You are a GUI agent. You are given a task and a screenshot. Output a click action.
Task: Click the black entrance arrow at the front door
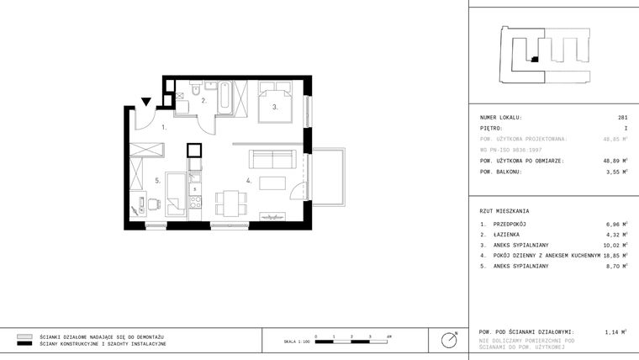click(146, 103)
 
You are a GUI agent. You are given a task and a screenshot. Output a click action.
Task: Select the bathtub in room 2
click(226, 96)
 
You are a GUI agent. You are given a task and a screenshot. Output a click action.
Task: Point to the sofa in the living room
click(270, 159)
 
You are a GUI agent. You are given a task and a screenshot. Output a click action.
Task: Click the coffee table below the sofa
click(272, 183)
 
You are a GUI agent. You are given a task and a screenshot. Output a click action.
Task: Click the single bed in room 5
click(176, 193)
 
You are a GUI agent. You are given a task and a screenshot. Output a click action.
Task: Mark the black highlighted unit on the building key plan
click(533, 59)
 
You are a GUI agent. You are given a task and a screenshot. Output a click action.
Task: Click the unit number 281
click(622, 118)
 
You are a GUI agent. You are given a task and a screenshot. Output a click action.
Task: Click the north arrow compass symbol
click(449, 340)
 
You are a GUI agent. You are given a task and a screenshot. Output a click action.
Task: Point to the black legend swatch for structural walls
click(24, 344)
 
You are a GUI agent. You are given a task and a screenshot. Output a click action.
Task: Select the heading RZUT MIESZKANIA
click(504, 210)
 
